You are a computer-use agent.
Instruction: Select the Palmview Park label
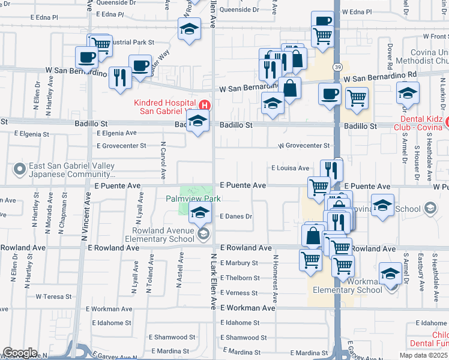193,199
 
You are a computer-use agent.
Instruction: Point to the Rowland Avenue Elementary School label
160,234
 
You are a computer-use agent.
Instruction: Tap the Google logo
20,353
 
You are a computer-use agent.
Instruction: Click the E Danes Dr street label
235,217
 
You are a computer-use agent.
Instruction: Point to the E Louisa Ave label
290,169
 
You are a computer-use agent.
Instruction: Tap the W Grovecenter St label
304,146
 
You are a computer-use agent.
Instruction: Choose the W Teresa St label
54,296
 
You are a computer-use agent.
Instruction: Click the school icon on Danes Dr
200,212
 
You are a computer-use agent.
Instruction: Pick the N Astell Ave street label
179,270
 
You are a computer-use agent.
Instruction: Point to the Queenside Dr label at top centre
240,10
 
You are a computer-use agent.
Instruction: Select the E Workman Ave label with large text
247,308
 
